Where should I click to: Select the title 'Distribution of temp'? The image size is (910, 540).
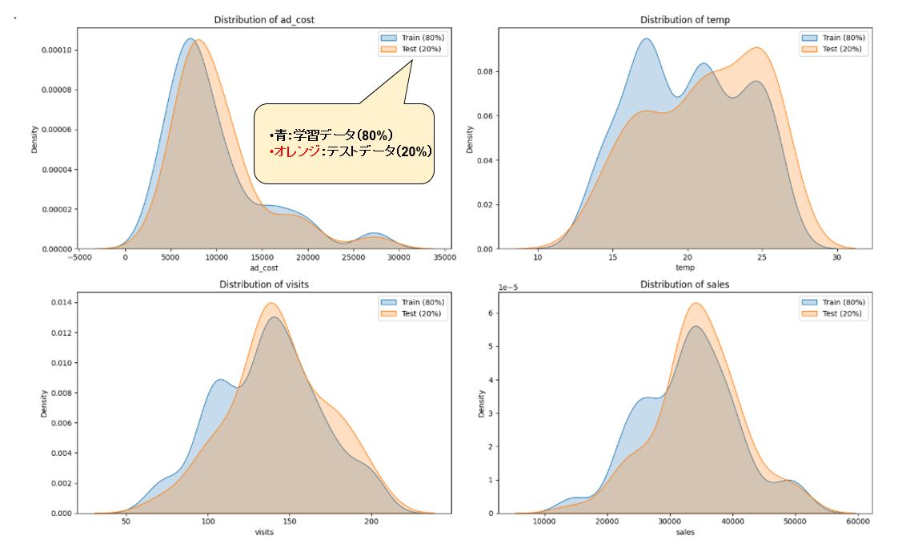coord(684,19)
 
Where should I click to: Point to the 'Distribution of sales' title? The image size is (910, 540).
coord(684,284)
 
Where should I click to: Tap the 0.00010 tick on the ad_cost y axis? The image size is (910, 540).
coord(57,50)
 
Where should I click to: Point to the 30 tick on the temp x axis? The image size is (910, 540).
coord(836,258)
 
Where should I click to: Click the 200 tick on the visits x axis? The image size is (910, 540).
coord(371,522)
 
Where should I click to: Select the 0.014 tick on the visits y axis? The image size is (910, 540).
coord(62,302)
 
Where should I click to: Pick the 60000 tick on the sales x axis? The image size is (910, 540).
coord(857,522)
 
